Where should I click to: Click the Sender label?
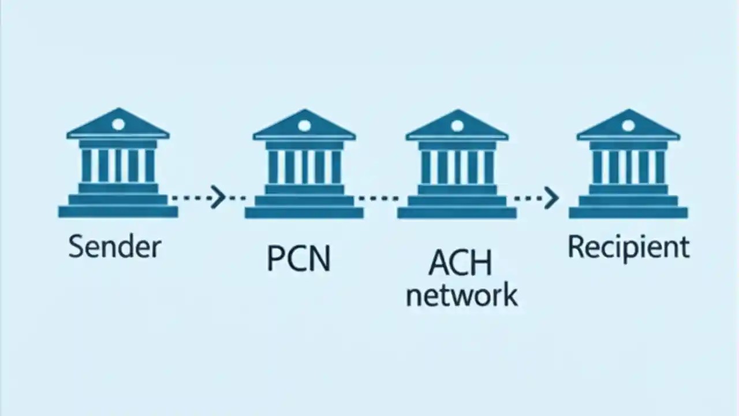tap(114, 247)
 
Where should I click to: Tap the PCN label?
tap(298, 259)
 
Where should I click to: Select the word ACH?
tap(460, 264)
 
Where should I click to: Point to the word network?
tap(461, 295)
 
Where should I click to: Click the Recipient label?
tap(628, 247)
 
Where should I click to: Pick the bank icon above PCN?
tap(304, 164)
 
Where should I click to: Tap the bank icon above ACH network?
tap(457, 164)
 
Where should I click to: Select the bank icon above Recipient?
tap(628, 164)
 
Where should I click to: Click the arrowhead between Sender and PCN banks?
tap(218, 197)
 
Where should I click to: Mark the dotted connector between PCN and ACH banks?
tap(379, 198)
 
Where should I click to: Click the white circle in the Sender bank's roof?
tap(118, 124)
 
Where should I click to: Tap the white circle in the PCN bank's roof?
tap(304, 125)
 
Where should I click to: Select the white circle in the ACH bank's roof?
tap(457, 125)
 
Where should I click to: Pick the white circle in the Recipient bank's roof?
tap(628, 125)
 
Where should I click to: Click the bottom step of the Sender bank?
tap(118, 212)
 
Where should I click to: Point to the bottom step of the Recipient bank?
tap(628, 213)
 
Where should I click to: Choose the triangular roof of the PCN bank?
tap(304, 128)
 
